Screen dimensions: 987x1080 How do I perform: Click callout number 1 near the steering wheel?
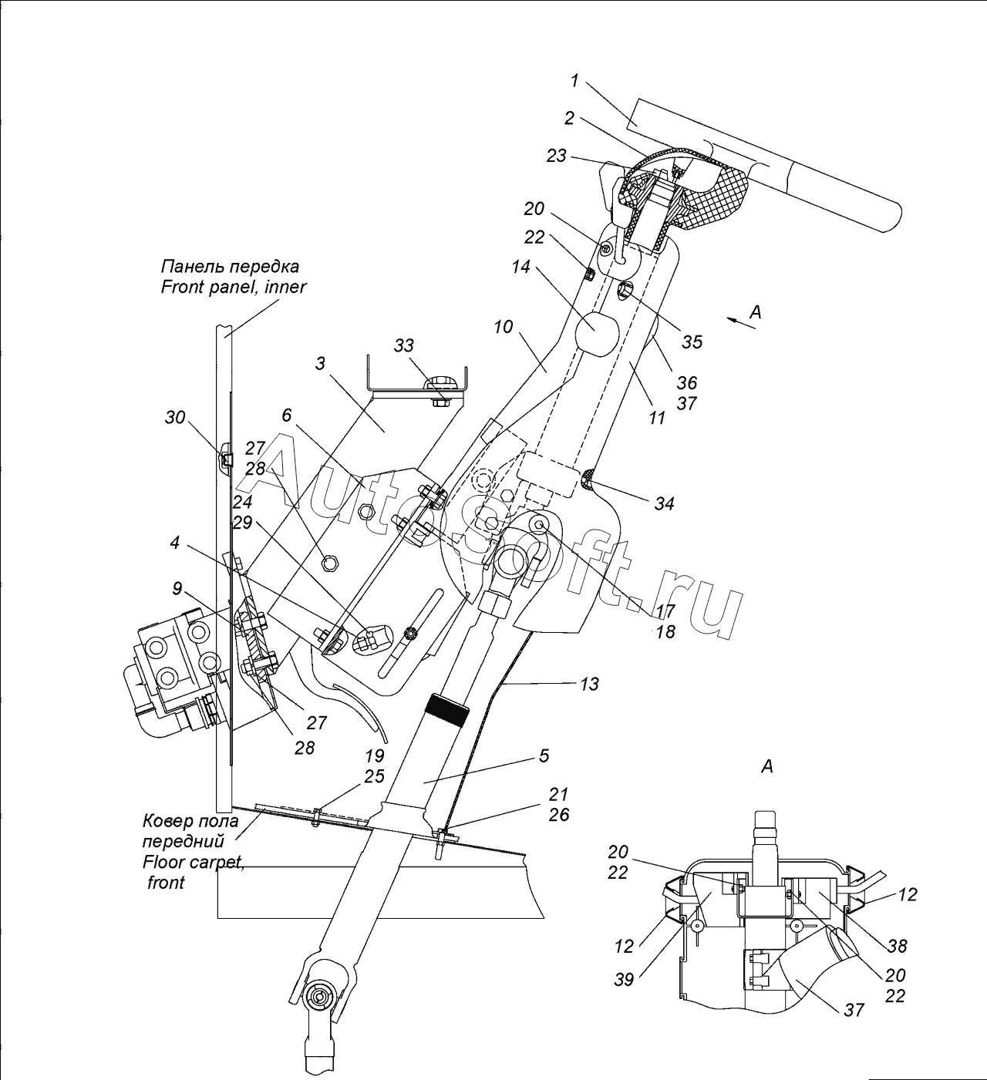point(574,81)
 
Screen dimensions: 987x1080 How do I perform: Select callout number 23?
point(557,156)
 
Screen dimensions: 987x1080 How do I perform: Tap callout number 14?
point(521,267)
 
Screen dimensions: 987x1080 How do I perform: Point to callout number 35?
point(692,341)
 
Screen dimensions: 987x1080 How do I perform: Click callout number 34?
point(664,503)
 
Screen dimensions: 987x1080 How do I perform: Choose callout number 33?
point(403,345)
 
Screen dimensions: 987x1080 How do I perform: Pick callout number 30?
point(174,417)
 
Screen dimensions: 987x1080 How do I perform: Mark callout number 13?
point(589,684)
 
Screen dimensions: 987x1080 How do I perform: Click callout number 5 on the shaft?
point(544,755)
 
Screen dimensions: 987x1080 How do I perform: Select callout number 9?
point(177,588)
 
